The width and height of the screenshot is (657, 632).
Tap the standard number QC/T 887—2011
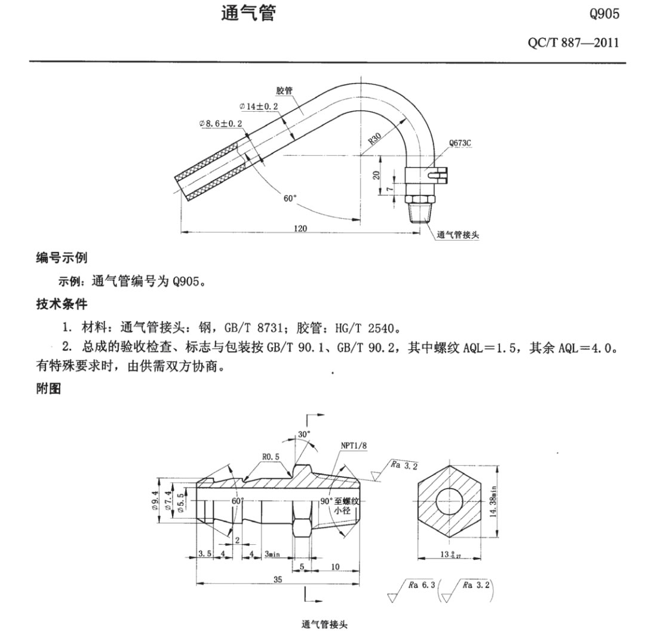(573, 44)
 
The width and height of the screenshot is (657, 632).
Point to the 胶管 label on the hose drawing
(284, 91)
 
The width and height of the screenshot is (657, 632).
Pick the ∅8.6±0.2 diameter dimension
(221, 123)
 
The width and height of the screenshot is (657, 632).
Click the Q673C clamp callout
(461, 144)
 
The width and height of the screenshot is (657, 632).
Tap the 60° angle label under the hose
(290, 198)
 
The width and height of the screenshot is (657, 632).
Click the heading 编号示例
(62, 258)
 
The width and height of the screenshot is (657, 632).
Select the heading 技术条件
(62, 304)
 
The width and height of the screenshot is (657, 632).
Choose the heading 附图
(50, 389)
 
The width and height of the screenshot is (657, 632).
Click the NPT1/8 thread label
(354, 445)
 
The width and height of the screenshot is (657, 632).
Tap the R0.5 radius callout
(272, 457)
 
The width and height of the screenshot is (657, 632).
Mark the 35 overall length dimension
(277, 579)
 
